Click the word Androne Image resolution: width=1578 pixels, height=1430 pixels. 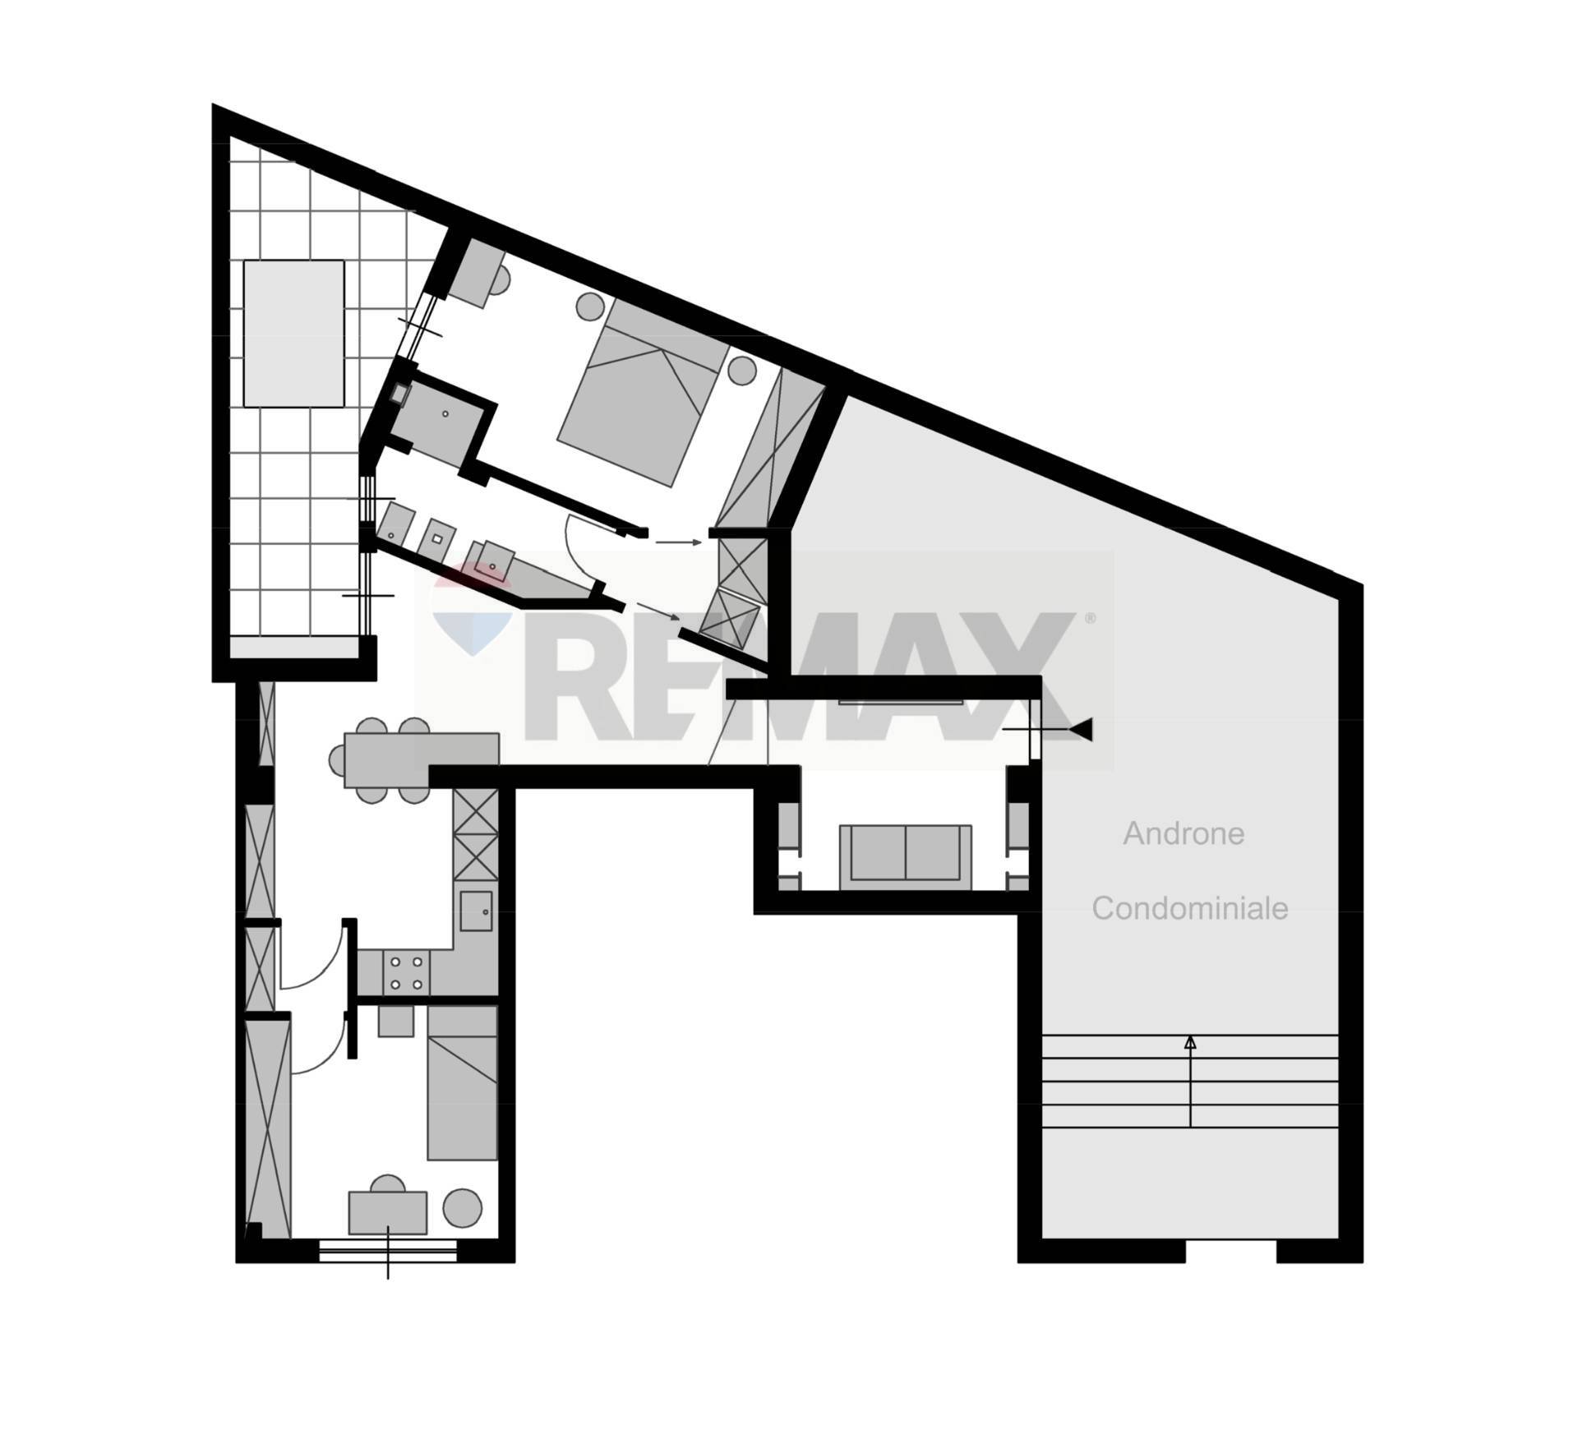(1183, 833)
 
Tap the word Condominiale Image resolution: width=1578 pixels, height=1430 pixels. (1189, 908)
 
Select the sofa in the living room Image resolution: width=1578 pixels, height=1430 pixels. (905, 856)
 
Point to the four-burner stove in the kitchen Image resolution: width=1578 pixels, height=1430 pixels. (406, 972)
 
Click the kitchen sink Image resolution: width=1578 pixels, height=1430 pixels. (476, 911)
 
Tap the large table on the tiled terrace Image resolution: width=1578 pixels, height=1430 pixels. (293, 333)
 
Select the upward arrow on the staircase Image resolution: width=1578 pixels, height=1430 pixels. (1189, 1081)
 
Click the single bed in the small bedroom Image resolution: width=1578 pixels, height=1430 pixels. (462, 1082)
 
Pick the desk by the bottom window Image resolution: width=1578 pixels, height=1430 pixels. (388, 1212)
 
